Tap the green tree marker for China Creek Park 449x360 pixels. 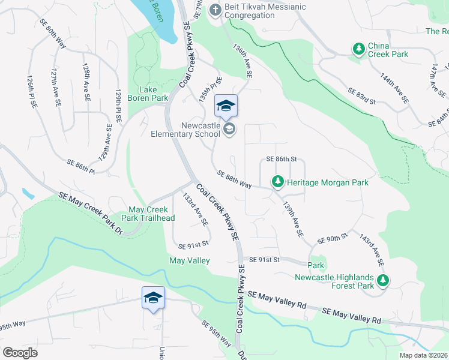[359, 49]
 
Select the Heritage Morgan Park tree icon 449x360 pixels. [277, 181]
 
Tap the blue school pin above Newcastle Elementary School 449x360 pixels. [226, 107]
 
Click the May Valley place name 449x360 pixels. [190, 260]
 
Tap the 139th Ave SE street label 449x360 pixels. [293, 217]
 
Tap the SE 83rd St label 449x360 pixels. [361, 96]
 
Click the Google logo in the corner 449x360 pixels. [20, 352]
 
